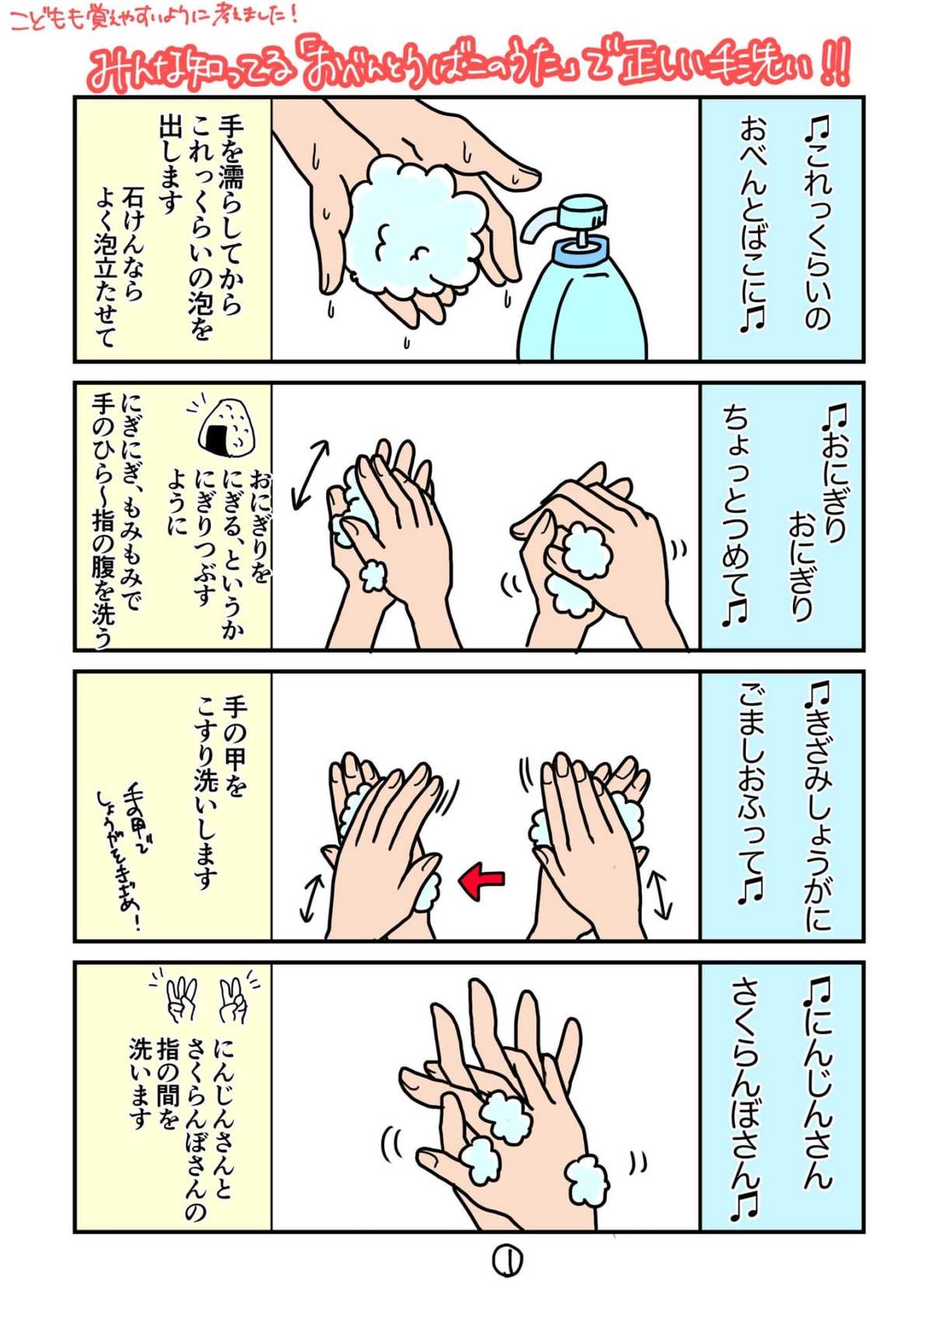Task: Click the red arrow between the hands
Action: point(482,880)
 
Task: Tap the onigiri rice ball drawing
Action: point(229,427)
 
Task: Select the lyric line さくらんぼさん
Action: point(746,1089)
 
